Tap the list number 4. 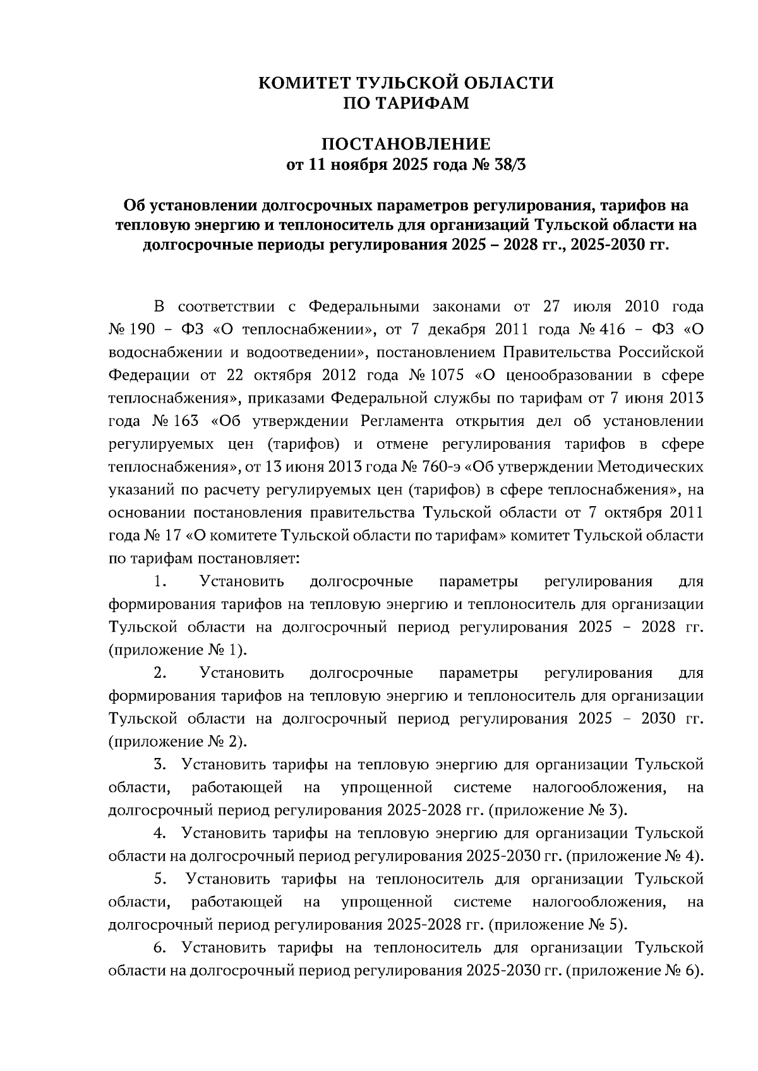click(160, 833)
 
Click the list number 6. click(160, 947)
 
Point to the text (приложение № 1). click(177, 650)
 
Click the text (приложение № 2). click(177, 742)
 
